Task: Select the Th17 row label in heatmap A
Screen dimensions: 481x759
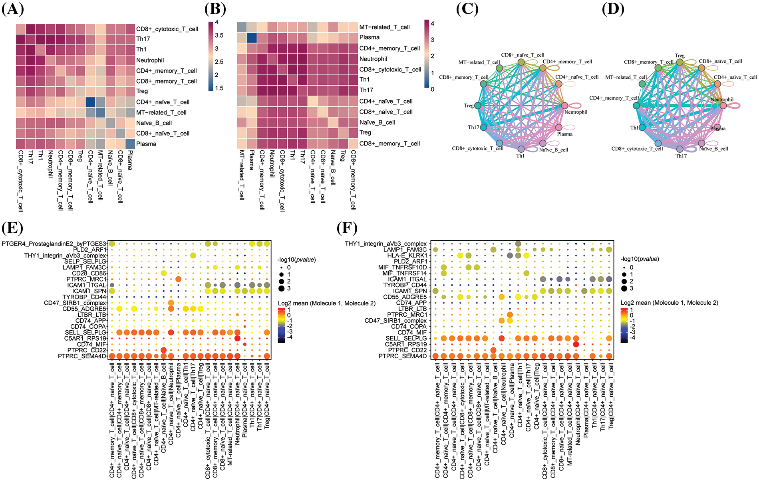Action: (143, 39)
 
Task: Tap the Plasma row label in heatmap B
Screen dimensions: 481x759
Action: (369, 38)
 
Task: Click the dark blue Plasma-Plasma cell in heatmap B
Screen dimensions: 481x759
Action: (252, 37)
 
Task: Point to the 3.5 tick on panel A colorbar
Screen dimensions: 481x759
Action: (219, 36)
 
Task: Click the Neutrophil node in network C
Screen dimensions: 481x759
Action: (564, 106)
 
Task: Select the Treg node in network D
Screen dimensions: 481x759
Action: (680, 62)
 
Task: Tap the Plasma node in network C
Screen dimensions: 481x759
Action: (559, 128)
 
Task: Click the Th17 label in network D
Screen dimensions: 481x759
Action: (681, 156)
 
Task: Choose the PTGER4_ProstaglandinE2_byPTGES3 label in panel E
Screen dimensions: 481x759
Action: (54, 244)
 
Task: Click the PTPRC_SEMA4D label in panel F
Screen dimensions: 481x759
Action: (403, 356)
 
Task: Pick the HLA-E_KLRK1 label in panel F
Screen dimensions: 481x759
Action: (407, 255)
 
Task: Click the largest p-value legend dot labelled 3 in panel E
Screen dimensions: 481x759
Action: (282, 288)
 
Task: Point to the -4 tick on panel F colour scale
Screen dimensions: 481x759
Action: (632, 337)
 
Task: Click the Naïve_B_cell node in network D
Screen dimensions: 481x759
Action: (702, 143)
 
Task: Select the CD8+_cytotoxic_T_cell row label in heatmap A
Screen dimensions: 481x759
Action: (167, 29)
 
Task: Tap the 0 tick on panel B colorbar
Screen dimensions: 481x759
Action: (432, 89)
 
